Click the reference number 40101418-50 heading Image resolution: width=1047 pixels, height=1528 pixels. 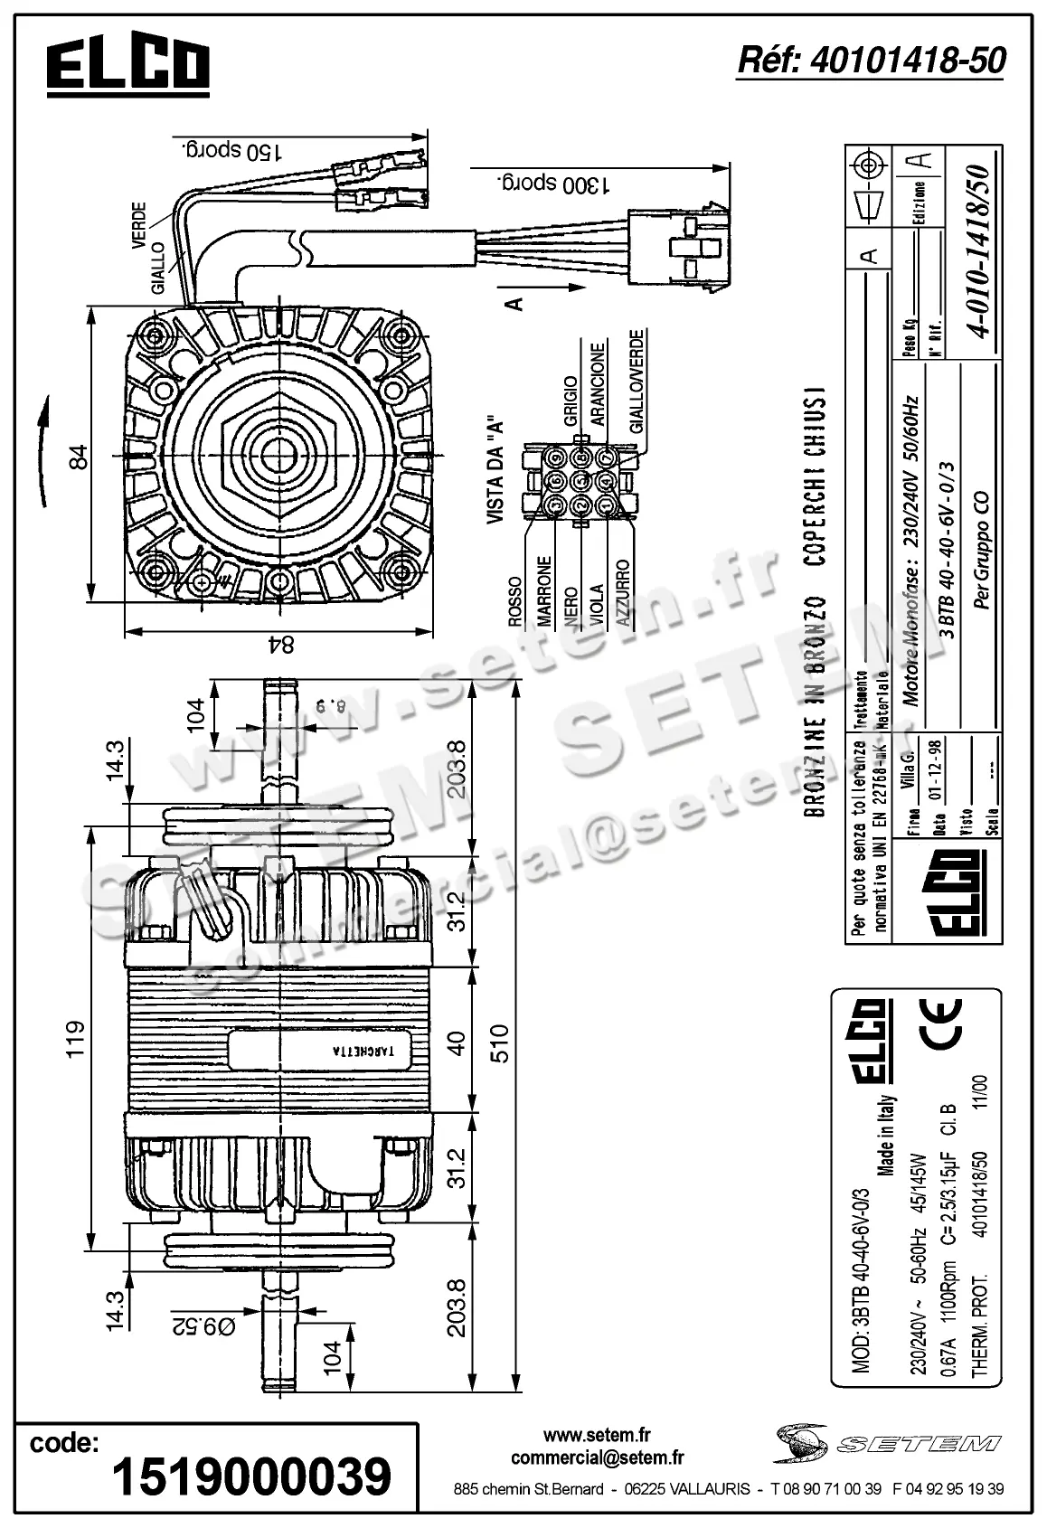pos(871,61)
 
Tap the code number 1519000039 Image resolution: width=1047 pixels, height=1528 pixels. pos(251,1476)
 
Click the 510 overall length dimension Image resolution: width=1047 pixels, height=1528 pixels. pos(499,1043)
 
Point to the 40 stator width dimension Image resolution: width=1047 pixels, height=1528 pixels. pos(457,1043)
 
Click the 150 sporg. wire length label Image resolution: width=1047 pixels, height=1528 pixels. pos(231,149)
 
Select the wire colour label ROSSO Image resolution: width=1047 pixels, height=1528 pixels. pos(514,601)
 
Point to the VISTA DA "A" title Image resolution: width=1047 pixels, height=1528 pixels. pos(495,470)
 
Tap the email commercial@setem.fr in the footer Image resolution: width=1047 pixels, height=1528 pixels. pos(597,1457)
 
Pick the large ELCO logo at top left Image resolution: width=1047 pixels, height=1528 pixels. pos(128,66)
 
